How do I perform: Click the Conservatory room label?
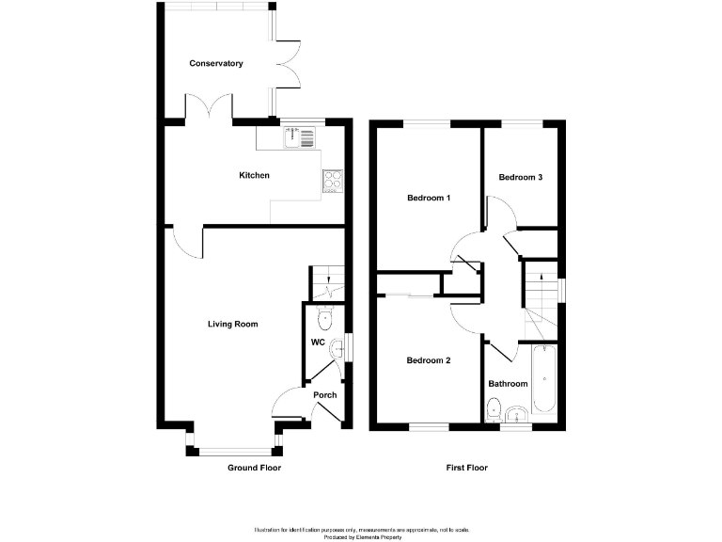[x=216, y=64]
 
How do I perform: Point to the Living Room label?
[x=232, y=325]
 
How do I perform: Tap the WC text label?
[x=318, y=343]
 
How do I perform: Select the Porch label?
[x=325, y=395]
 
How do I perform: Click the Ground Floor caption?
[x=254, y=468]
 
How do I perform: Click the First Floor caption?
[x=465, y=468]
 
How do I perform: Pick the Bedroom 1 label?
[x=429, y=199]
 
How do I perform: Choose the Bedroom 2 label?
[x=429, y=360]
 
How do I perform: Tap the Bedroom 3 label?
[x=520, y=177]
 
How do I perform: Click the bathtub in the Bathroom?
[x=544, y=380]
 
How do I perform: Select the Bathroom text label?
[x=508, y=384]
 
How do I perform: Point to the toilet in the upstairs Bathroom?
[x=494, y=408]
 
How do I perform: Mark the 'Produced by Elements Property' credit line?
[x=362, y=537]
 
